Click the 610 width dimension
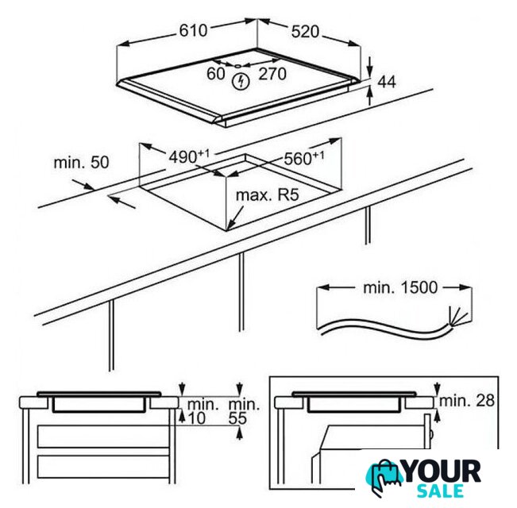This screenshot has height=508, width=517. pyautogui.click(x=193, y=31)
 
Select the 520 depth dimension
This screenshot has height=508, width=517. pyautogui.click(x=305, y=32)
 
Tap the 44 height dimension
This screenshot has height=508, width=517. pyautogui.click(x=387, y=82)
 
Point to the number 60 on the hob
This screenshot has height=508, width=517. pyautogui.click(x=216, y=74)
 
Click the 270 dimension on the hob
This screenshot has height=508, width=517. pyautogui.click(x=272, y=74)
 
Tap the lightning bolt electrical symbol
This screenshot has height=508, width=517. pyautogui.click(x=241, y=82)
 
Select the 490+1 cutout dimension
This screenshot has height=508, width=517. pyautogui.click(x=189, y=156)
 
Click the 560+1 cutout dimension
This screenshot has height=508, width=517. pyautogui.click(x=304, y=158)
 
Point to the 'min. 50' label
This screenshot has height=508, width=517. pyautogui.click(x=81, y=163)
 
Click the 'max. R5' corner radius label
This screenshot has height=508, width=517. pyautogui.click(x=268, y=194)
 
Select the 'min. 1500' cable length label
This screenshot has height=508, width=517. pyautogui.click(x=400, y=287)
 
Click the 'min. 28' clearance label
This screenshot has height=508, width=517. pyautogui.click(x=467, y=400)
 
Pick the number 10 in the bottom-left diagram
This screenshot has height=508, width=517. pyautogui.click(x=197, y=418)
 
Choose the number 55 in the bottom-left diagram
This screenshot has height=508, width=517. pyautogui.click(x=237, y=418)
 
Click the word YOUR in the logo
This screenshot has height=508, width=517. pyautogui.click(x=442, y=471)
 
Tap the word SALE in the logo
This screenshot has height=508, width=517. pyautogui.click(x=441, y=491)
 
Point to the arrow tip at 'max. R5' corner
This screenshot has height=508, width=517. pyautogui.click(x=228, y=229)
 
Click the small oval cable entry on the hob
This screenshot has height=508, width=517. pyautogui.click(x=237, y=66)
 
